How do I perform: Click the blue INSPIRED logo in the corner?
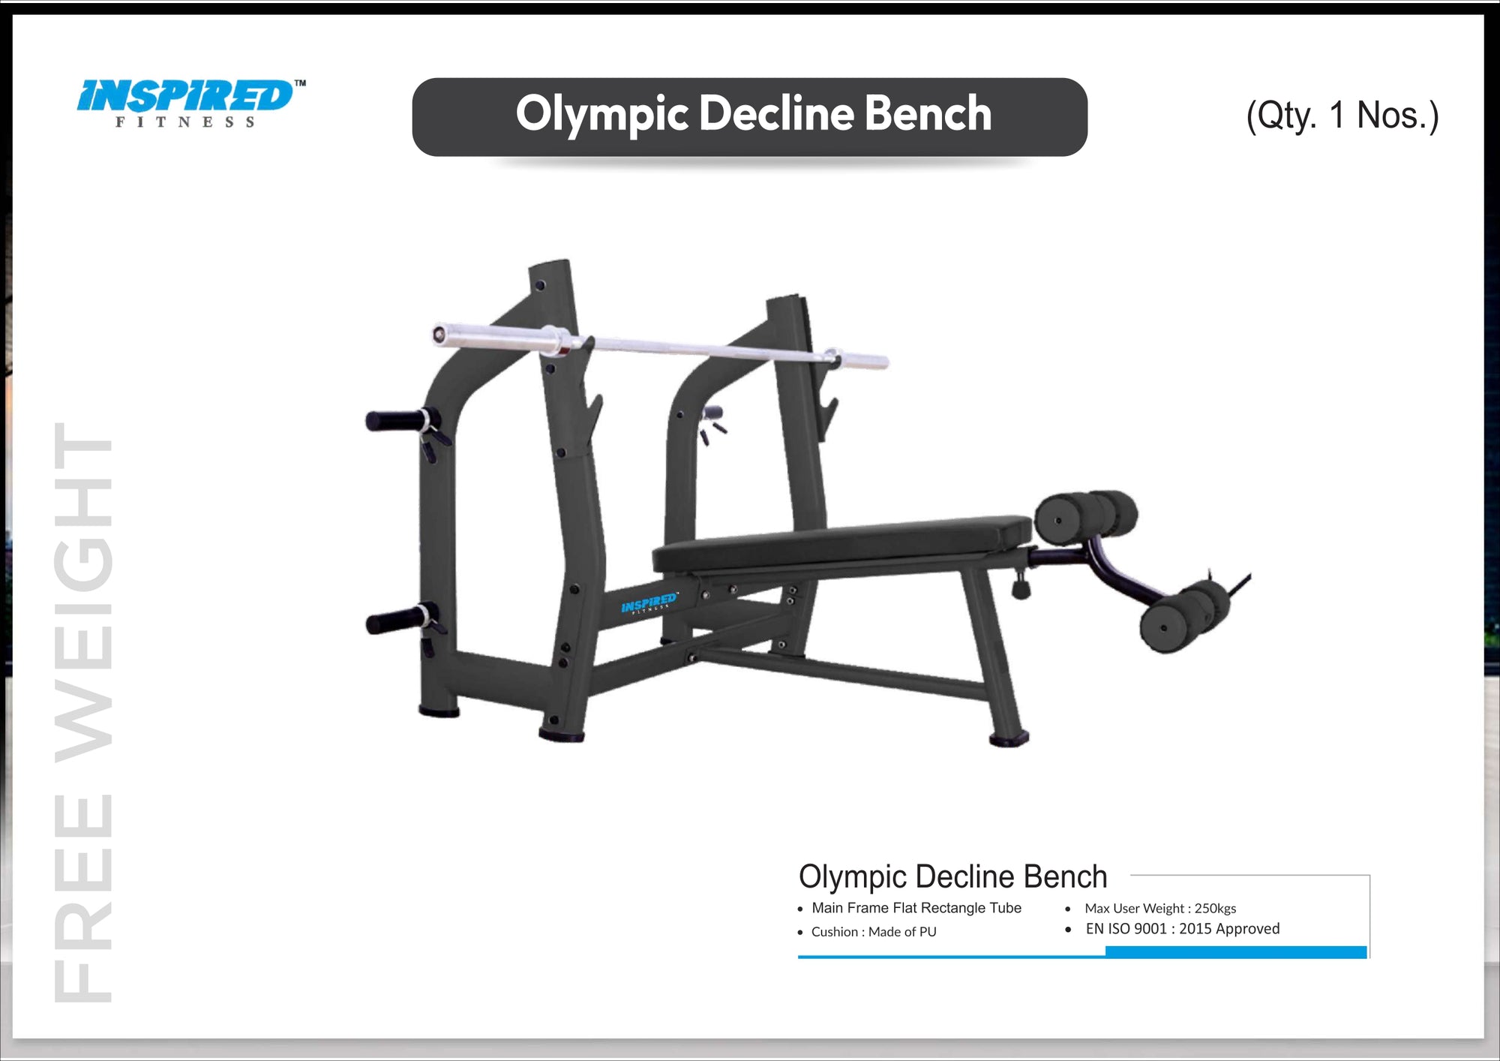[x=185, y=95]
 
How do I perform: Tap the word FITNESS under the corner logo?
[x=185, y=122]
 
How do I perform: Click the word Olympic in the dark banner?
[x=601, y=115]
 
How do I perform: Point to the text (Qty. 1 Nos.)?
[x=1342, y=116]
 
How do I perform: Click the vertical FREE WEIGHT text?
[x=82, y=713]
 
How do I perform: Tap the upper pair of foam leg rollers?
[x=1086, y=516]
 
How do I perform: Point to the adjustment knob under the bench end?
[x=1021, y=587]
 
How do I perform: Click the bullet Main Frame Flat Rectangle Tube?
[x=916, y=908]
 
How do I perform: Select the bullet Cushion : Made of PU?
[x=873, y=932]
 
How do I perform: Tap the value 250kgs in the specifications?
[x=1215, y=909]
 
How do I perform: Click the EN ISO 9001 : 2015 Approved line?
[x=1182, y=929]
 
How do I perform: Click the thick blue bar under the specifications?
[x=1236, y=952]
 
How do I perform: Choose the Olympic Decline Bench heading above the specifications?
[x=952, y=876]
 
